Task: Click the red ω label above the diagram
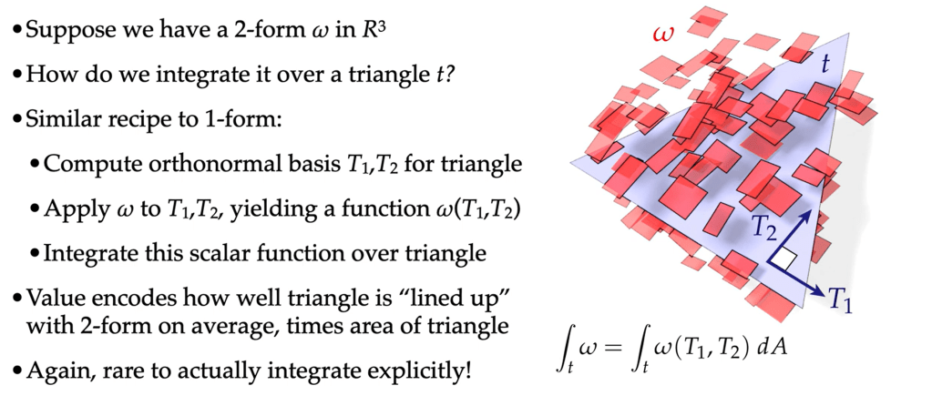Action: tap(663, 35)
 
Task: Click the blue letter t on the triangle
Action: tap(825, 65)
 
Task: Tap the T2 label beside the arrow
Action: tap(763, 228)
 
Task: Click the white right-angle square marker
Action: tap(786, 259)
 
